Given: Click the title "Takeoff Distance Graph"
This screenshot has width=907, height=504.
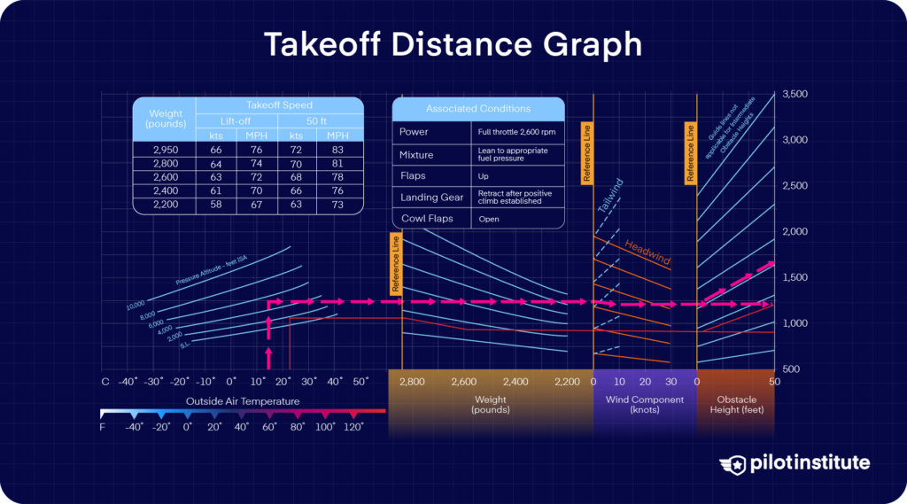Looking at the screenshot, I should tap(453, 44).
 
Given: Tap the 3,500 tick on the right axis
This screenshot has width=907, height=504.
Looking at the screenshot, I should tap(794, 94).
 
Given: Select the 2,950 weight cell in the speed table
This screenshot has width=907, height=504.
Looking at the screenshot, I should tap(165, 150).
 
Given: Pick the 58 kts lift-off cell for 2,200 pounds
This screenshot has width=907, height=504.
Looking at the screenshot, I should tap(214, 205).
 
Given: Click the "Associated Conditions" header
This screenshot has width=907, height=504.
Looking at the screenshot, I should tap(477, 109).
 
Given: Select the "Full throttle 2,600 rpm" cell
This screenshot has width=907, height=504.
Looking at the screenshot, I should tap(511, 132).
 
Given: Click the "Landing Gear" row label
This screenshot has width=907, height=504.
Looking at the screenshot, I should tap(431, 198).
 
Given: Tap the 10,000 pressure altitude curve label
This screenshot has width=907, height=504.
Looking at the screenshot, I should tap(136, 306).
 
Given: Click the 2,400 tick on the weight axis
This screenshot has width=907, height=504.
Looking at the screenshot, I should tap(516, 382).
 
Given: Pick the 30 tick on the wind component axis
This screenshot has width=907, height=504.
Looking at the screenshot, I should tap(671, 382).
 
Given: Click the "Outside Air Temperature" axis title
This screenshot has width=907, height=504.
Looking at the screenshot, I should tap(242, 401).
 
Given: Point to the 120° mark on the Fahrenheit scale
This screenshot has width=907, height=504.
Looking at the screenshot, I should tap(355, 426).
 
